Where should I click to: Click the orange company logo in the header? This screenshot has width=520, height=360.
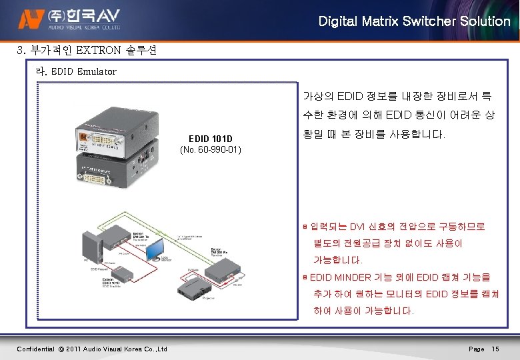tap(29, 21)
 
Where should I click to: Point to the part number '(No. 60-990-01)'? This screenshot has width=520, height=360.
tap(211, 150)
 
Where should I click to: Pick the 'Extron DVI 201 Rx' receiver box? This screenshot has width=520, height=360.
tap(225, 268)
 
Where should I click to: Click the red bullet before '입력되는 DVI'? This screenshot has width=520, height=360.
tap(305, 227)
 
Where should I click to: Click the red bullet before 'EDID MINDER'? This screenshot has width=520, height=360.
tap(305, 276)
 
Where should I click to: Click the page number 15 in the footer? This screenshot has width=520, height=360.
tap(495, 349)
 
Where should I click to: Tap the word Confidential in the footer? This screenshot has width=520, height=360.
tap(35, 349)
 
